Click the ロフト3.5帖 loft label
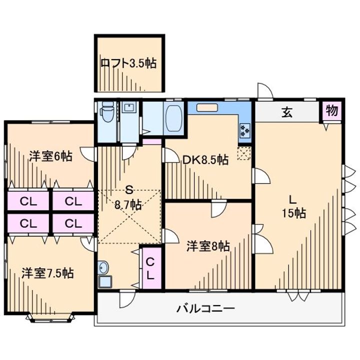[x=129, y=63]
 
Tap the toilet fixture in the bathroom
[x=107, y=112]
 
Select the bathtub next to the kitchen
[x=174, y=118]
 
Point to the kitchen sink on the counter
[x=207, y=107]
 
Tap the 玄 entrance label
[x=287, y=112]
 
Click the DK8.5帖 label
[x=205, y=159]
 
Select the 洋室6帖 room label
[x=50, y=156]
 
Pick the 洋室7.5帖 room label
[x=47, y=273]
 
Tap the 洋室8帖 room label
[x=208, y=246]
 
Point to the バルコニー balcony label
[x=205, y=308]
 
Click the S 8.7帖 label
[x=128, y=197]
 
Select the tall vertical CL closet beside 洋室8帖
[x=150, y=268]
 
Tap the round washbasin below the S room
[x=103, y=267]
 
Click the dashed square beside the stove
[x=244, y=153]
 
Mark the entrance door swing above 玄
[x=265, y=91]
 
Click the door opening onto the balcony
[x=127, y=298]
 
